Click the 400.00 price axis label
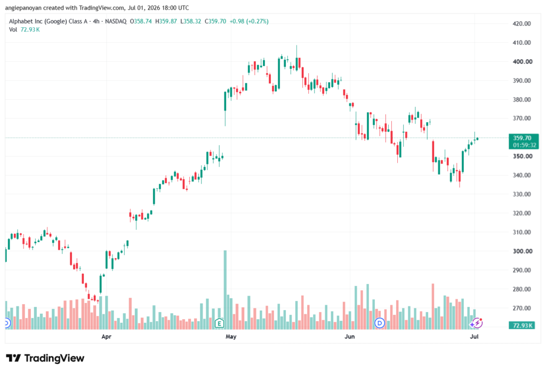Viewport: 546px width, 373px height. click(523, 62)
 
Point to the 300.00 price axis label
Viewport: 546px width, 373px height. click(523, 251)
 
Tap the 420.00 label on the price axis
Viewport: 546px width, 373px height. click(521, 23)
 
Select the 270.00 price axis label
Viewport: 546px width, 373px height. click(521, 308)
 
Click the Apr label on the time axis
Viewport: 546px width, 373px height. click(106, 337)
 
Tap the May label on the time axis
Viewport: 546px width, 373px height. click(231, 337)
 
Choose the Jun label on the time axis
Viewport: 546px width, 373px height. click(350, 337)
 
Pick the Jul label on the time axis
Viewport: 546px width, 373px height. click(474, 337)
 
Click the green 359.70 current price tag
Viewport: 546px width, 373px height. click(524, 141)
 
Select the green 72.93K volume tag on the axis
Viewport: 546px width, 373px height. click(521, 326)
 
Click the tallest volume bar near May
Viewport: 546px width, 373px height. click(226, 290)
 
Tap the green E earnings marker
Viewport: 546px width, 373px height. click(219, 323)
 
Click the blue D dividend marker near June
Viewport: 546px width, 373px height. click(380, 323)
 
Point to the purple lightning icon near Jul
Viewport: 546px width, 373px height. click(477, 323)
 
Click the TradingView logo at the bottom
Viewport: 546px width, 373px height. click(45, 358)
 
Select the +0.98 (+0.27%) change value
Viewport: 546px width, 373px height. click(249, 21)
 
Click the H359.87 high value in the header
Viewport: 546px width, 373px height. click(166, 21)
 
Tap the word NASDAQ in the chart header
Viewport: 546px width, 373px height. click(116, 21)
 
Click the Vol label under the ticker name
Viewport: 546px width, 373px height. click(13, 30)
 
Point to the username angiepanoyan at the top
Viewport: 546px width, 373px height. click(23, 7)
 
